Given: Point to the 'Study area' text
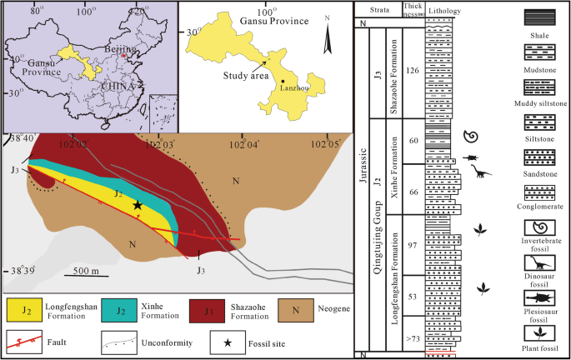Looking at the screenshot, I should pyautogui.click(x=246, y=75).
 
